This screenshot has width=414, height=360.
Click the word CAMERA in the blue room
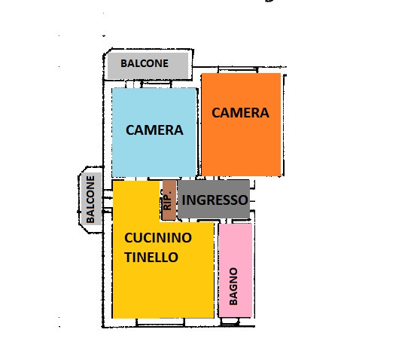[154, 130]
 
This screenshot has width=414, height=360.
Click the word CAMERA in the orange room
[240, 113]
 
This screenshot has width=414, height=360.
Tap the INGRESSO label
[215, 200]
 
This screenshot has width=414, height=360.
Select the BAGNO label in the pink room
[233, 286]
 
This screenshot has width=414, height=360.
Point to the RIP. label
[168, 200]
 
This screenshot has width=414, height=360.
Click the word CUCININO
[158, 238]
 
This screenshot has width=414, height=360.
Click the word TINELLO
[151, 258]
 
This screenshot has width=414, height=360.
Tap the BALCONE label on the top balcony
[145, 63]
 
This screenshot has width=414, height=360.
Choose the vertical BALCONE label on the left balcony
[90, 200]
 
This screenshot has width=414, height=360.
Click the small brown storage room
[169, 200]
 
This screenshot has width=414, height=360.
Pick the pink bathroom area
[235, 270]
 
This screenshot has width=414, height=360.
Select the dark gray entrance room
[213, 199]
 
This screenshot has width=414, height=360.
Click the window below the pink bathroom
[230, 321]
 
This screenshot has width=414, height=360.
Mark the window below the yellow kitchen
[160, 322]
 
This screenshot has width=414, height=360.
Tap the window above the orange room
[238, 69]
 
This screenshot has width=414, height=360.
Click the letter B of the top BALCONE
[123, 63]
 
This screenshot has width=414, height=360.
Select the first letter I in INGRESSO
[184, 200]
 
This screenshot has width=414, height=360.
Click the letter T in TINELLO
[128, 258]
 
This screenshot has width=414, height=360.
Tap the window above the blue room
[156, 84]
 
